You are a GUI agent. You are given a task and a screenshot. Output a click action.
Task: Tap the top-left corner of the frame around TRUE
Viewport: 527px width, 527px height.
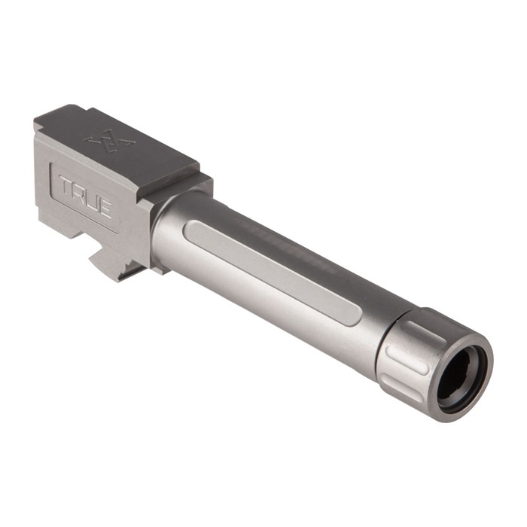pos(53,167)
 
